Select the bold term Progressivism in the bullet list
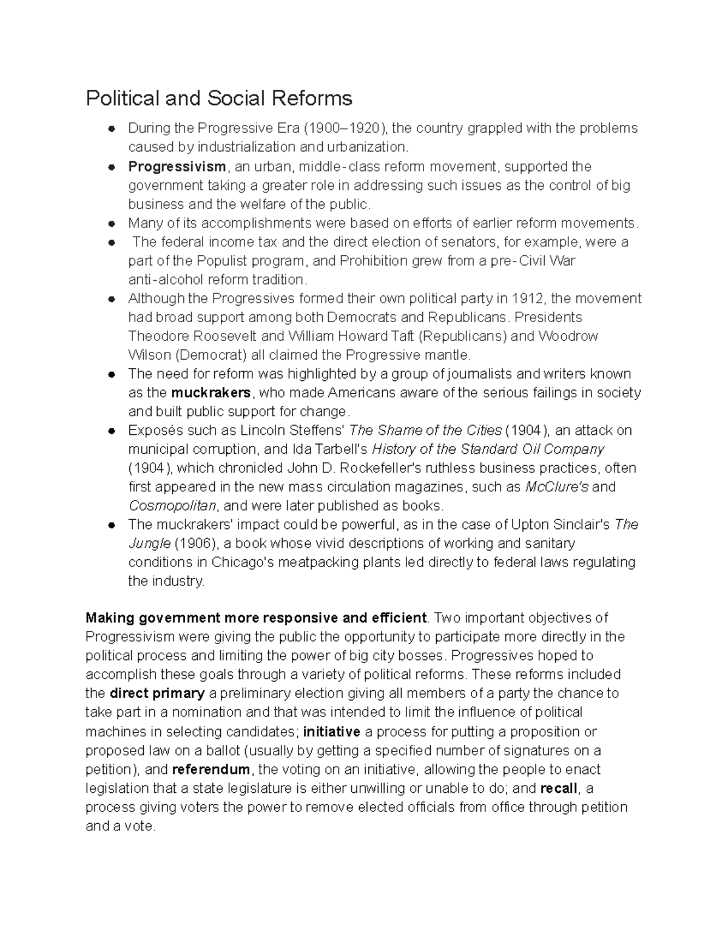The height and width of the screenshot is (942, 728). click(177, 167)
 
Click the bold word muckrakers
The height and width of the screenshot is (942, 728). click(211, 392)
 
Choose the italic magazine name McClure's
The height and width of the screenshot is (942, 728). click(556, 487)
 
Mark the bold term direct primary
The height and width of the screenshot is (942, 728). click(157, 693)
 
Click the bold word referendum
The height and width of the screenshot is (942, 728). click(211, 770)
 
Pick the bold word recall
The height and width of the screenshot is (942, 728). click(559, 789)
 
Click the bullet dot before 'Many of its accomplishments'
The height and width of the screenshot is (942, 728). click(111, 224)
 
